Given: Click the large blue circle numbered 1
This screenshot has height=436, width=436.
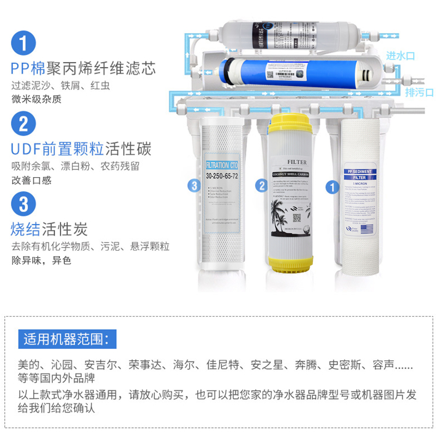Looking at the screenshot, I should [23, 43].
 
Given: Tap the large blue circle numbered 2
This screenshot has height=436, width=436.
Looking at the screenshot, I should [23, 124].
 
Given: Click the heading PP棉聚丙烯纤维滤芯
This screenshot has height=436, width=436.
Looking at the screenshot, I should [83, 69].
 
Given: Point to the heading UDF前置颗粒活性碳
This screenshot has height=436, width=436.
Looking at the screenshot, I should [81, 149].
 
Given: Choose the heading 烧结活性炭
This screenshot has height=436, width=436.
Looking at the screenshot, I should [49, 228].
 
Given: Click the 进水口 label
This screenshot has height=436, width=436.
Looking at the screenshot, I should [401, 56].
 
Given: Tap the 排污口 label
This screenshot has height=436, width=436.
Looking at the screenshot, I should [419, 92].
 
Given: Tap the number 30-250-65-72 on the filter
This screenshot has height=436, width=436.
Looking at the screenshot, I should [222, 176].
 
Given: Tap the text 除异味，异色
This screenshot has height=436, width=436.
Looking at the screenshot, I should [41, 261].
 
